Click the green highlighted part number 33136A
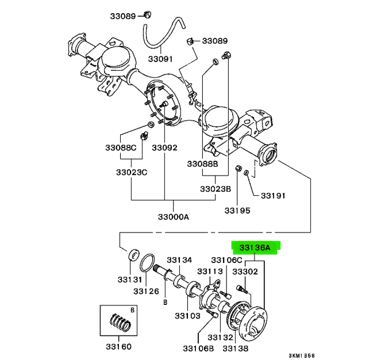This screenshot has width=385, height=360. tap(255, 248)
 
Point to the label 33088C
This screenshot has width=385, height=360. tap(124, 148)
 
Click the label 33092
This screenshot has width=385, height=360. tap(164, 148)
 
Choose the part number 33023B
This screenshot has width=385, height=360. tap(215, 189)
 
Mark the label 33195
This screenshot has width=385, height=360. tap(237, 211)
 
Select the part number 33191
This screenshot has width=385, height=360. tap(272, 196)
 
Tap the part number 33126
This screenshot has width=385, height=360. tap(146, 291)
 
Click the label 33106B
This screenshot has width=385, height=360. tap(198, 348)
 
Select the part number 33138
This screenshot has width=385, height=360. tap(236, 348)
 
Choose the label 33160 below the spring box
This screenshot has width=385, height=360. tap(120, 347)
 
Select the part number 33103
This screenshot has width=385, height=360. tap(187, 316)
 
